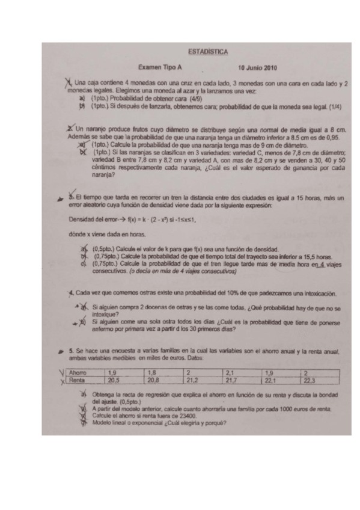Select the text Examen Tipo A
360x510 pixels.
(x=159, y=68)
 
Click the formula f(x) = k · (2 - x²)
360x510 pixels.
(x=133, y=220)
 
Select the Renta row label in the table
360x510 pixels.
(x=76, y=381)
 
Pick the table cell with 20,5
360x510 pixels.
(x=114, y=381)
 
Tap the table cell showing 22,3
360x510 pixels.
(x=311, y=381)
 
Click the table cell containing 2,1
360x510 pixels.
(x=231, y=373)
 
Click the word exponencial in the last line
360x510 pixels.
(x=145, y=422)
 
